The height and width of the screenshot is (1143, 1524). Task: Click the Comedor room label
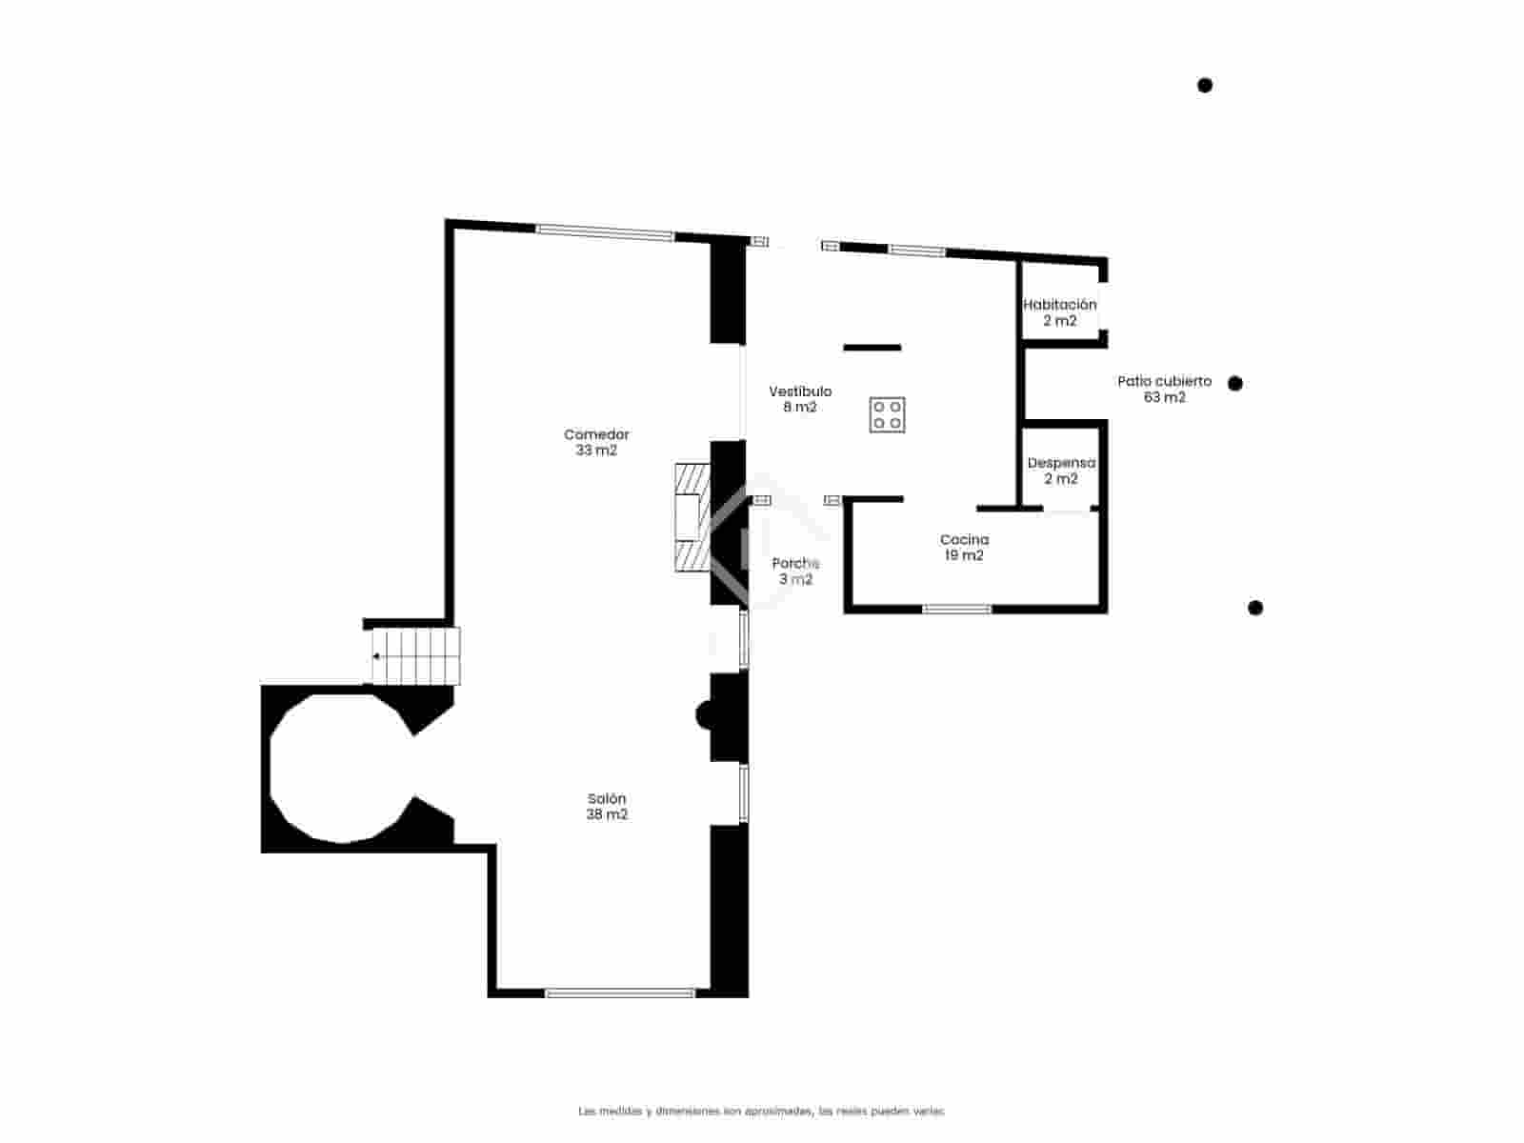pyautogui.click(x=596, y=442)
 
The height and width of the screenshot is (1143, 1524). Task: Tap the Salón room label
pyautogui.click(x=607, y=807)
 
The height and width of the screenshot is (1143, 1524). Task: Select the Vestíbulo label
pyautogui.click(x=800, y=399)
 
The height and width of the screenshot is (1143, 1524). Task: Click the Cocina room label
pyautogui.click(x=964, y=548)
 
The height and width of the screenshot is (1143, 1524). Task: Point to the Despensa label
pyautogui.click(x=1061, y=471)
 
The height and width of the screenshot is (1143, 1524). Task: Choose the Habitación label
pyautogui.click(x=1059, y=312)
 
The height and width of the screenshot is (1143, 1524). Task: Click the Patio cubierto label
pyautogui.click(x=1164, y=389)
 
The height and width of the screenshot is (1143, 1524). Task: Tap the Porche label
pyautogui.click(x=795, y=571)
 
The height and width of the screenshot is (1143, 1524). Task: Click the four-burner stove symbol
pyautogui.click(x=887, y=414)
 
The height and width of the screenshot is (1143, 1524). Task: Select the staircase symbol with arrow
pyautogui.click(x=415, y=655)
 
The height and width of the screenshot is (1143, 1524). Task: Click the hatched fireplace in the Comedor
pyautogui.click(x=692, y=517)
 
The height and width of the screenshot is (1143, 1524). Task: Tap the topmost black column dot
pyautogui.click(x=1205, y=86)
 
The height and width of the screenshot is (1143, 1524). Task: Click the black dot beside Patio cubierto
pyautogui.click(x=1235, y=383)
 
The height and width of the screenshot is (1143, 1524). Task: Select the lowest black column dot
pyautogui.click(x=1255, y=608)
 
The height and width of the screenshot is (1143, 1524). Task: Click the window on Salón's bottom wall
pyautogui.click(x=620, y=993)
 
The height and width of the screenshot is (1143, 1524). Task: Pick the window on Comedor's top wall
pyautogui.click(x=605, y=231)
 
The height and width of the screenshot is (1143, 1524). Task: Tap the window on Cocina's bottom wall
pyautogui.click(x=957, y=609)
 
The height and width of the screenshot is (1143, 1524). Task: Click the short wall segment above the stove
pyautogui.click(x=872, y=348)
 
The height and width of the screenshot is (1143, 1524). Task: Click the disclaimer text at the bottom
pyautogui.click(x=761, y=1111)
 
